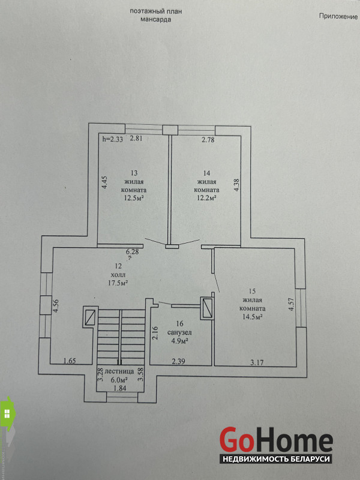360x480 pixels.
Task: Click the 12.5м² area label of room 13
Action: point(134,198)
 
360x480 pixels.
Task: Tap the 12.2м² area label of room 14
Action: point(206,198)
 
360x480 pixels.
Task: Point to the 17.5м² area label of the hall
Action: point(117,283)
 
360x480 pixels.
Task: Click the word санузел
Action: point(180,332)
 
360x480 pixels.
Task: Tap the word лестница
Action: point(119,371)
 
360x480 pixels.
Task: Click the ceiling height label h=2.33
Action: point(112,139)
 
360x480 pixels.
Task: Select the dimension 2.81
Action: point(136,139)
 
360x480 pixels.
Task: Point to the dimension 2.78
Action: point(208,140)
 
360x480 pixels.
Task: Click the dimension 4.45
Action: point(104,182)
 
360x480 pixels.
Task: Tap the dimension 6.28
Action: point(132,252)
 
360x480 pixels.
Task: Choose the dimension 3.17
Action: point(257,363)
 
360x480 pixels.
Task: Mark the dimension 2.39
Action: point(178,361)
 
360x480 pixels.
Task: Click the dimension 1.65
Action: point(70,361)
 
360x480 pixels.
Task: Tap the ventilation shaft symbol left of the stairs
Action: point(91,317)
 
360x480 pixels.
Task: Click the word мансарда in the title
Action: point(155,20)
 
